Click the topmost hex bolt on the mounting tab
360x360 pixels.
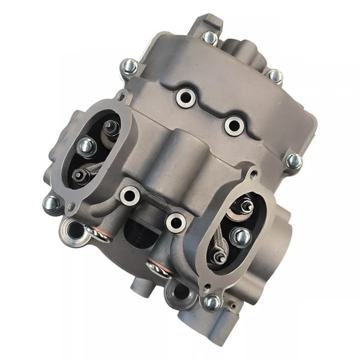(209, 38)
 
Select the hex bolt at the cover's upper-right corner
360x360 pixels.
(274, 75)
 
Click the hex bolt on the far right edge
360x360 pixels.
(294, 161)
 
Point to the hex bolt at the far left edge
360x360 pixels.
(51, 203)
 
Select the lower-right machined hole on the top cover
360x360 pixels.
(233, 125)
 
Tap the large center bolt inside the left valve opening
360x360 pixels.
(87, 147)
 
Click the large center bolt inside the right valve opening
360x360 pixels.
(240, 236)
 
